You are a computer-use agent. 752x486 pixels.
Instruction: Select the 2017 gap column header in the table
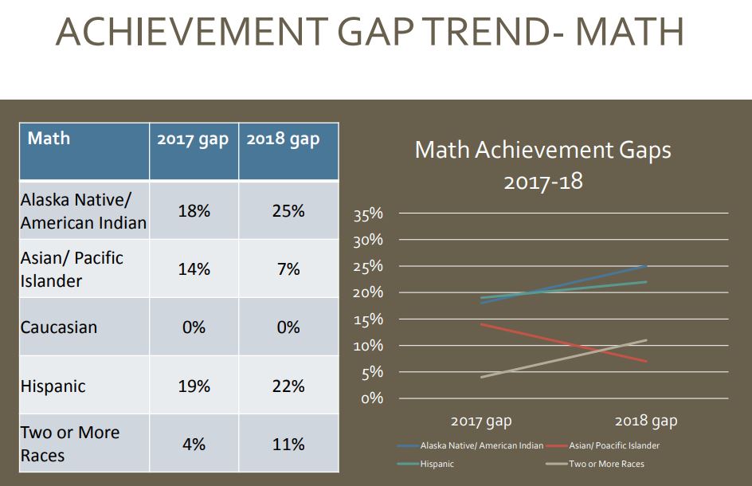click(193, 139)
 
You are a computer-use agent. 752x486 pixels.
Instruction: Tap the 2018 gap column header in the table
click(284, 139)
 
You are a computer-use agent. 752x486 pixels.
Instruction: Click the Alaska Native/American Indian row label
click(84, 211)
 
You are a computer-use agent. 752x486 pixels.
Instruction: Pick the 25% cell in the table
click(287, 211)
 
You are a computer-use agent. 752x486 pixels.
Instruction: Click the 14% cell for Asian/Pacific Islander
click(194, 269)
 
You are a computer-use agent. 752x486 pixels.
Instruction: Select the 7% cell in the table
click(288, 269)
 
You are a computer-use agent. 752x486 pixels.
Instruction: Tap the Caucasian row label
click(59, 327)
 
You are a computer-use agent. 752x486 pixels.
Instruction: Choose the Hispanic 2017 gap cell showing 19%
click(194, 386)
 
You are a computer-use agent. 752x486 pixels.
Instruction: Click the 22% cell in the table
click(288, 386)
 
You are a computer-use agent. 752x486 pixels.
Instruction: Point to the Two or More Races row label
click(70, 444)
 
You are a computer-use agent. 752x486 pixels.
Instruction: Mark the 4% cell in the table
click(194, 444)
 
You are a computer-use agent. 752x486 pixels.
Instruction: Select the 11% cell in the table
click(288, 444)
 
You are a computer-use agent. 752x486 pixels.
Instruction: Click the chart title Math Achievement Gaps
click(543, 150)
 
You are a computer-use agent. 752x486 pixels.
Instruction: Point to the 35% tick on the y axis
click(368, 214)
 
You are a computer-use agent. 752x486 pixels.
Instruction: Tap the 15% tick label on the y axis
click(368, 319)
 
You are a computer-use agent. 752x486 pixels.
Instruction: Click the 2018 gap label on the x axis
click(645, 421)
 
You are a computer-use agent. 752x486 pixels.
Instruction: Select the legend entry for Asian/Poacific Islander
click(613, 445)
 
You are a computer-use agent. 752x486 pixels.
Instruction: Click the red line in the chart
click(564, 343)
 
